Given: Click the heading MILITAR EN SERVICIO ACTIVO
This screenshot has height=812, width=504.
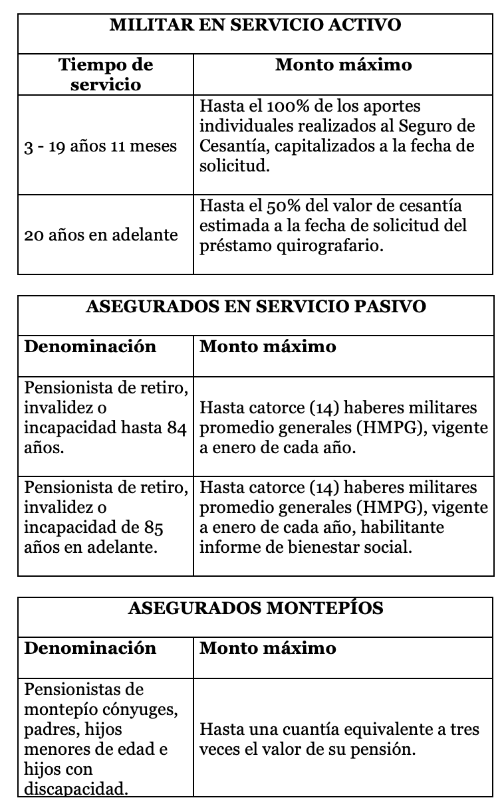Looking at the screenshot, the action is point(255,25).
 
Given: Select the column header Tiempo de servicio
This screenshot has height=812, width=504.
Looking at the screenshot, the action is point(106,74).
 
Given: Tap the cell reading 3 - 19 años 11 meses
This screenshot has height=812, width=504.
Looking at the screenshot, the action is point(100,146).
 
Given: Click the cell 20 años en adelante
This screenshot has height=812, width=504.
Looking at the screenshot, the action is point(100,235).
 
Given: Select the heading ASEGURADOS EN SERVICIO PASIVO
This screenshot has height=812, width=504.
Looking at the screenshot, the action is point(256,307).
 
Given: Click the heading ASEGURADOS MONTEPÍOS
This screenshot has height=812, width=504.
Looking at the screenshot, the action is point(255,608).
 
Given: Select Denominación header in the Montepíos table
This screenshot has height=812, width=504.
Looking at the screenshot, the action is point(90,648).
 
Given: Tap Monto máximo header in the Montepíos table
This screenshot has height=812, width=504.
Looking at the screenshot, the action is point(268,648).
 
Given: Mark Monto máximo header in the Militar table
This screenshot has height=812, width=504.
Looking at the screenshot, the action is point(343,64).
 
